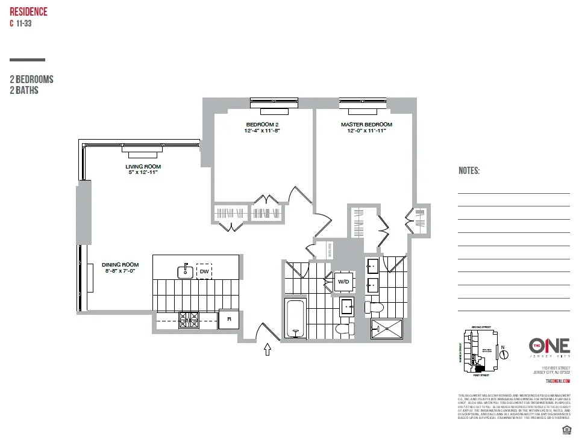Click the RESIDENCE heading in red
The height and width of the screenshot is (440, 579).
pyautogui.click(x=28, y=12)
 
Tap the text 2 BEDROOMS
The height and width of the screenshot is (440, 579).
pyautogui.click(x=31, y=79)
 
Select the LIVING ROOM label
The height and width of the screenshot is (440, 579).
pyautogui.click(x=143, y=167)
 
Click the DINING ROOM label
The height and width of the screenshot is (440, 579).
pyautogui.click(x=120, y=265)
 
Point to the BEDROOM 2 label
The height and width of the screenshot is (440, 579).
pyautogui.click(x=262, y=125)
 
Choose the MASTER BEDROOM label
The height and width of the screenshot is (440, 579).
pyautogui.click(x=366, y=125)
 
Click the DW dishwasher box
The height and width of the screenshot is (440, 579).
pyautogui.click(x=204, y=272)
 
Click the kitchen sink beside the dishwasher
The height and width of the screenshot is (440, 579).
pyautogui.click(x=186, y=272)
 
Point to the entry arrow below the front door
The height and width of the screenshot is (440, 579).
pyautogui.click(x=268, y=350)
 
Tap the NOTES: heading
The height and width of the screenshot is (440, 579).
pyautogui.click(x=469, y=171)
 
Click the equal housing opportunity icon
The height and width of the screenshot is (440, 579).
pyautogui.click(x=566, y=429)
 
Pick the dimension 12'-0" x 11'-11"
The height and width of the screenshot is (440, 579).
pyautogui.click(x=366, y=131)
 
